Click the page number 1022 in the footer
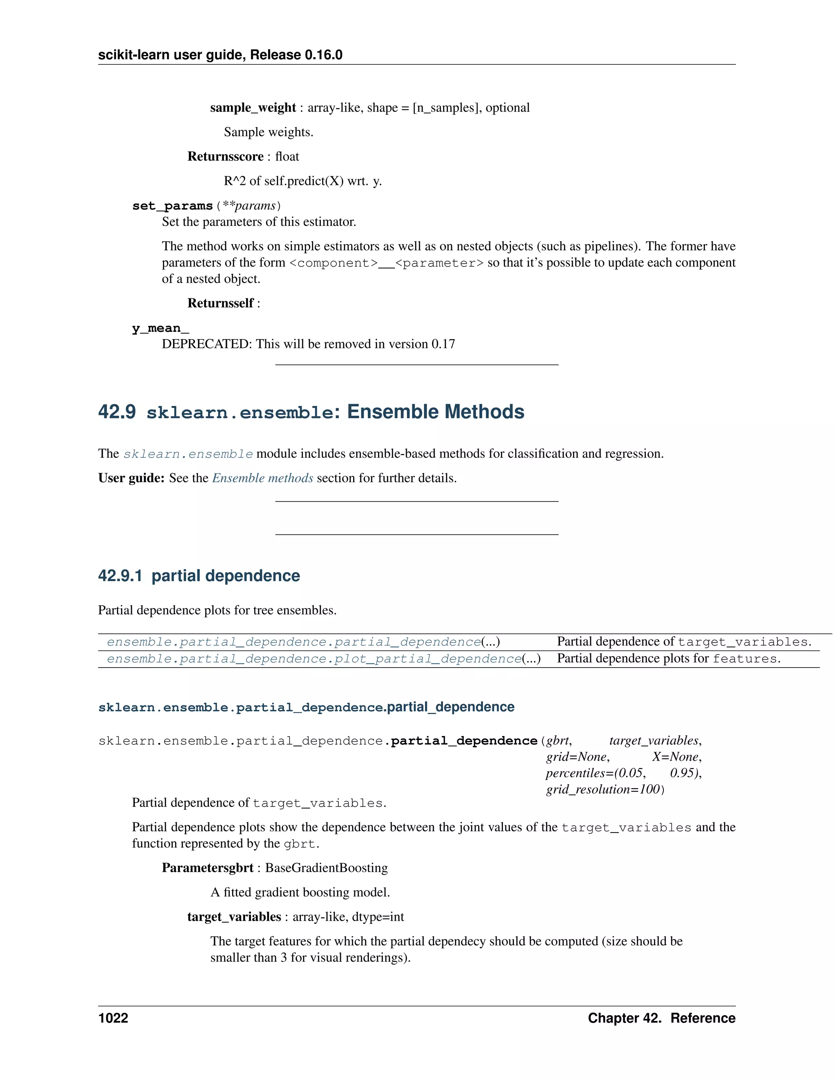pos(113,1018)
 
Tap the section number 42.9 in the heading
pos(116,412)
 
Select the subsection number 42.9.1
pos(120,575)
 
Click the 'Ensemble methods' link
pos(262,478)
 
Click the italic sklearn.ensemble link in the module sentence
pos(188,454)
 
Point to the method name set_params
pos(172,206)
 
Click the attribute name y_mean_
pos(160,328)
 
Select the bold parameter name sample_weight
pos(252,108)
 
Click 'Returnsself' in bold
pos(220,303)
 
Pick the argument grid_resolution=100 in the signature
pos(603,789)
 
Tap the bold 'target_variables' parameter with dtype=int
pos(234,917)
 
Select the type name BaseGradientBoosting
pos(326,868)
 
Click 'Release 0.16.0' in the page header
pos(296,55)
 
